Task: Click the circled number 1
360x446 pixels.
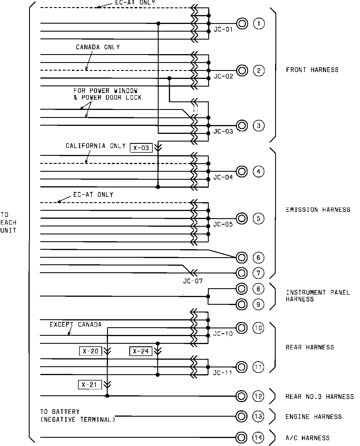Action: point(259,23)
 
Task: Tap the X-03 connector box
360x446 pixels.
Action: point(141,148)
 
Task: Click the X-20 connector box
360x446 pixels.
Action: point(91,351)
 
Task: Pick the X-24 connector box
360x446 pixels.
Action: point(141,351)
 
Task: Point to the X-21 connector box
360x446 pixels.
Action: point(90,385)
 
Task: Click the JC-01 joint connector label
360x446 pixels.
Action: point(223,29)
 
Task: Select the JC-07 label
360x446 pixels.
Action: point(193,281)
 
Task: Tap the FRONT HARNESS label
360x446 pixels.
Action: point(312,70)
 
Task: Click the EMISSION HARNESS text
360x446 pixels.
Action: point(318,210)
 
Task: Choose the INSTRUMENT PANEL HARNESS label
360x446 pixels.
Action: point(318,296)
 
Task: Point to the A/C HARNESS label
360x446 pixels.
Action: point(307,438)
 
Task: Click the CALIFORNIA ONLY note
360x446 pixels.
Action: point(96,146)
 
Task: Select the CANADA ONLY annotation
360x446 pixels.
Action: point(98,47)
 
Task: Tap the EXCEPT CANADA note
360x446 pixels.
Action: point(75,324)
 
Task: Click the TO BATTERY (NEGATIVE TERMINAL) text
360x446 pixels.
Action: point(77,416)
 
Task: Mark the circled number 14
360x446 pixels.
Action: point(258,438)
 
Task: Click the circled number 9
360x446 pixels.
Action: point(258,304)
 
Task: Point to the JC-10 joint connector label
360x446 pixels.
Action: point(223,334)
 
